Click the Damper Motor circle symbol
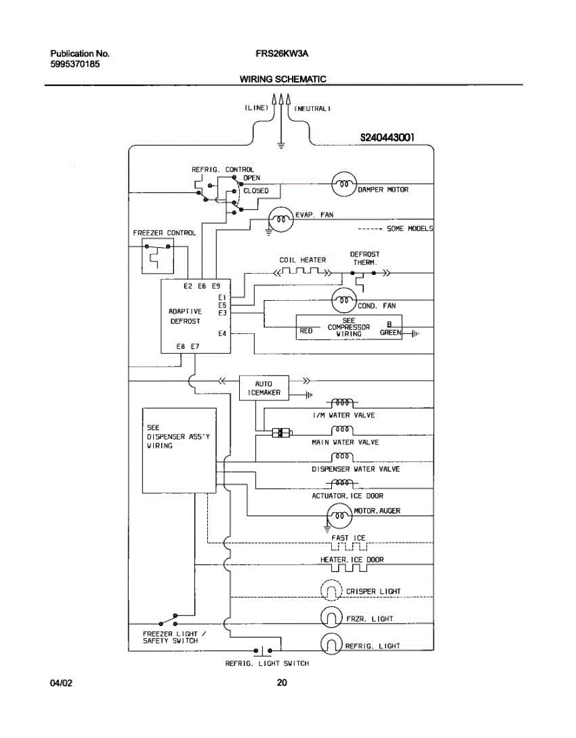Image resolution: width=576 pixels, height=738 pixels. coord(344,183)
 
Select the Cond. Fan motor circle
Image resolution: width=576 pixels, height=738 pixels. coord(344,301)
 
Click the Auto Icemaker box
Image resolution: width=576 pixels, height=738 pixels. coord(264,387)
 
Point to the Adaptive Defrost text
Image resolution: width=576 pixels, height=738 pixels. coord(185,316)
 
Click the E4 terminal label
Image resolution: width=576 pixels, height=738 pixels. coord(223,334)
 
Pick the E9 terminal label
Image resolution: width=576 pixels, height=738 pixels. coord(216,286)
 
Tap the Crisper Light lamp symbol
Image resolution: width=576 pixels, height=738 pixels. coord(331,591)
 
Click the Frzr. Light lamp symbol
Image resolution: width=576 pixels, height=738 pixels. coord(331,617)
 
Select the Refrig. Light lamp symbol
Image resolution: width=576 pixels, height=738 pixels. coord(331,645)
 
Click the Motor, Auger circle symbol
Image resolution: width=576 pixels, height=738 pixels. coord(339,515)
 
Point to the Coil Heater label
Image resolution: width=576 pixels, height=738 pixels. coord(302,260)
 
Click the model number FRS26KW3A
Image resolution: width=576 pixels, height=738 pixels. coord(282,54)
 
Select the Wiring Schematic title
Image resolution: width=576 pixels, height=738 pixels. coord(283,79)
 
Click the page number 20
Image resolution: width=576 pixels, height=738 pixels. coord(282,682)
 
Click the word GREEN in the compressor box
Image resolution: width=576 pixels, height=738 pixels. coord(390,333)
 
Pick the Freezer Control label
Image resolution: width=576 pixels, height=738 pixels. coord(165,233)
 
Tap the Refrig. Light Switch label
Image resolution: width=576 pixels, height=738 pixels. coord(267,664)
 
